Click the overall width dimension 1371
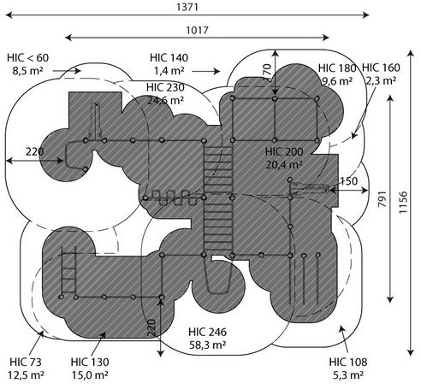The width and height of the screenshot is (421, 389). point(187,7)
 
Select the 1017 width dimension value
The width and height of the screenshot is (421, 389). point(197,30)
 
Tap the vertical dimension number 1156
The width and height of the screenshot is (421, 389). point(403,203)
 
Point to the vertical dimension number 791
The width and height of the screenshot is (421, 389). point(382,199)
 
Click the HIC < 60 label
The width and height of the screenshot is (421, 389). point(28,57)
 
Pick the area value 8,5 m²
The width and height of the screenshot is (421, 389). point(27,71)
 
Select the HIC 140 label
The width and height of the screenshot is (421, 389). point(169,57)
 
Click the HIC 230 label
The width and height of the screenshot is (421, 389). point(165,87)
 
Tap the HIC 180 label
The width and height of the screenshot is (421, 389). point(337,68)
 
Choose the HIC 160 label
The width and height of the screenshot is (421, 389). point(381,68)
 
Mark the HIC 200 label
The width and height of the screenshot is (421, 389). point(284,151)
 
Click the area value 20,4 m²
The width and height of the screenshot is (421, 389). point(284,164)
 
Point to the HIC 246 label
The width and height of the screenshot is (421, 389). point(208,332)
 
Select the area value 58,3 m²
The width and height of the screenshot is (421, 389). point(208,345)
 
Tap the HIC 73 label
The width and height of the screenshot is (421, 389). point(26,362)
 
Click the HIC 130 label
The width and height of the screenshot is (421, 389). point(90,362)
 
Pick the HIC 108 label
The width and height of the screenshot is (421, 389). point(348,362)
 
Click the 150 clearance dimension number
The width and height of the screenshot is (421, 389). point(348,181)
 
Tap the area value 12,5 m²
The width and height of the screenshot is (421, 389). point(26,374)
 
